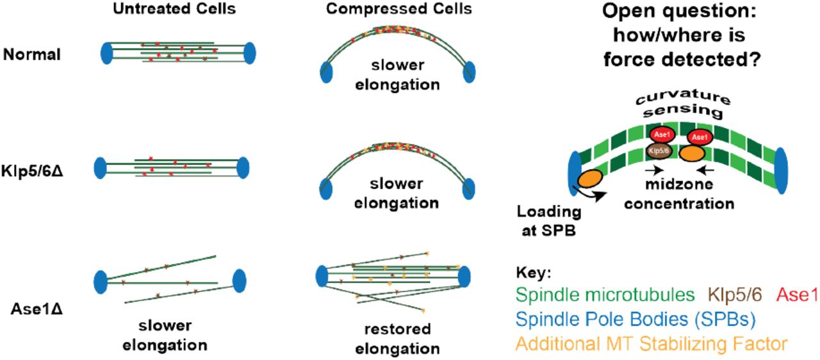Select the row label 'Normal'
tap(32, 54)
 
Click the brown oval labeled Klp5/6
tap(655, 151)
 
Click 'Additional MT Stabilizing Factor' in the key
tap(651, 344)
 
